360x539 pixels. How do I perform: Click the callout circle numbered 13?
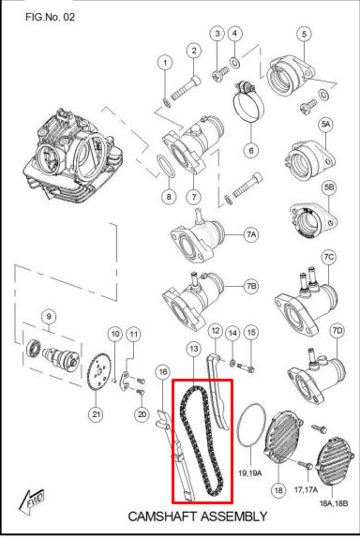coord(194,350)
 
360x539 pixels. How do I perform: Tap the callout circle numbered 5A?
coord(325,124)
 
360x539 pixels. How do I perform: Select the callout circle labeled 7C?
coord(328,257)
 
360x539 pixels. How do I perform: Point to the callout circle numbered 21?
coord(96,414)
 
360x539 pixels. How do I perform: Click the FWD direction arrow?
coord(32,502)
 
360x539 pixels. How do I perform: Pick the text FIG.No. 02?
coord(51,17)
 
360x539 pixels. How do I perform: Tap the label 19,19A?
coord(250,473)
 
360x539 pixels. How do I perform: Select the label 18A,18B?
coord(334,503)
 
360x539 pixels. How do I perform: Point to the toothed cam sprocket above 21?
coord(98,373)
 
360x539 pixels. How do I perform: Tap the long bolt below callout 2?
coord(186,88)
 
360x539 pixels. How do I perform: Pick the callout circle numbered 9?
coord(49,317)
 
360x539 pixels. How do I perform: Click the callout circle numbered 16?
coord(162,372)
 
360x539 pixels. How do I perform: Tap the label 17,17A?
coord(306,489)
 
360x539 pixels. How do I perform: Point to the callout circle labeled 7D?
coord(337,330)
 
